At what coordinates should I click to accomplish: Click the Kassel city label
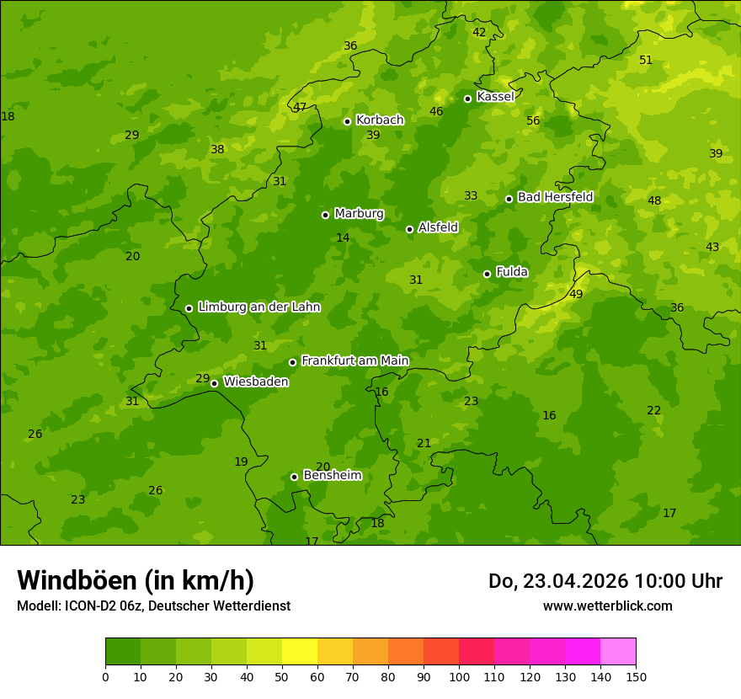495,97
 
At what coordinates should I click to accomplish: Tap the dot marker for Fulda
487,274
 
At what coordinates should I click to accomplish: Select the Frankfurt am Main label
355,360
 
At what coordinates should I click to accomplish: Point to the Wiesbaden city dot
214,383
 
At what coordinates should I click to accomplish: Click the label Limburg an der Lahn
259,307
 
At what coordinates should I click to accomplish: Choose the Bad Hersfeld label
555,197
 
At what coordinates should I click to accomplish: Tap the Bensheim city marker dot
294,477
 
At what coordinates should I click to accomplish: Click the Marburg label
359,214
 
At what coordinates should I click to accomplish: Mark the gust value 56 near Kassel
533,120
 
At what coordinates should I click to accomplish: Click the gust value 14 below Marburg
343,238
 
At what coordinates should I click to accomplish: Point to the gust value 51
646,60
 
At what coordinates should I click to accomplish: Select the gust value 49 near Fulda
576,294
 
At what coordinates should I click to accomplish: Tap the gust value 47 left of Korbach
300,107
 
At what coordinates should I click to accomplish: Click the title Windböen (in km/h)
136,580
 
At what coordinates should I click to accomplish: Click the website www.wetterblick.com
607,606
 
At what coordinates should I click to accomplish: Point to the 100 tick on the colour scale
459,676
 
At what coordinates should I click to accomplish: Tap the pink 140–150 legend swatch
618,652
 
